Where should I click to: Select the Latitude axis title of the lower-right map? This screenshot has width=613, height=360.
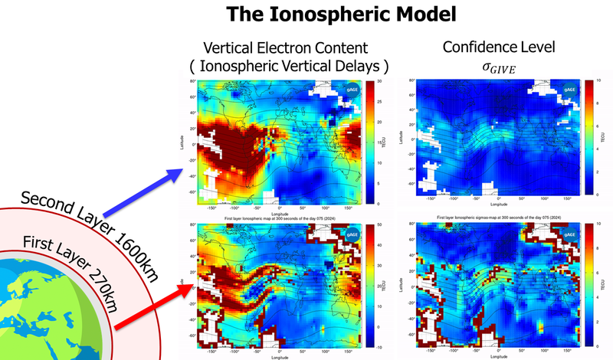point(400,283)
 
